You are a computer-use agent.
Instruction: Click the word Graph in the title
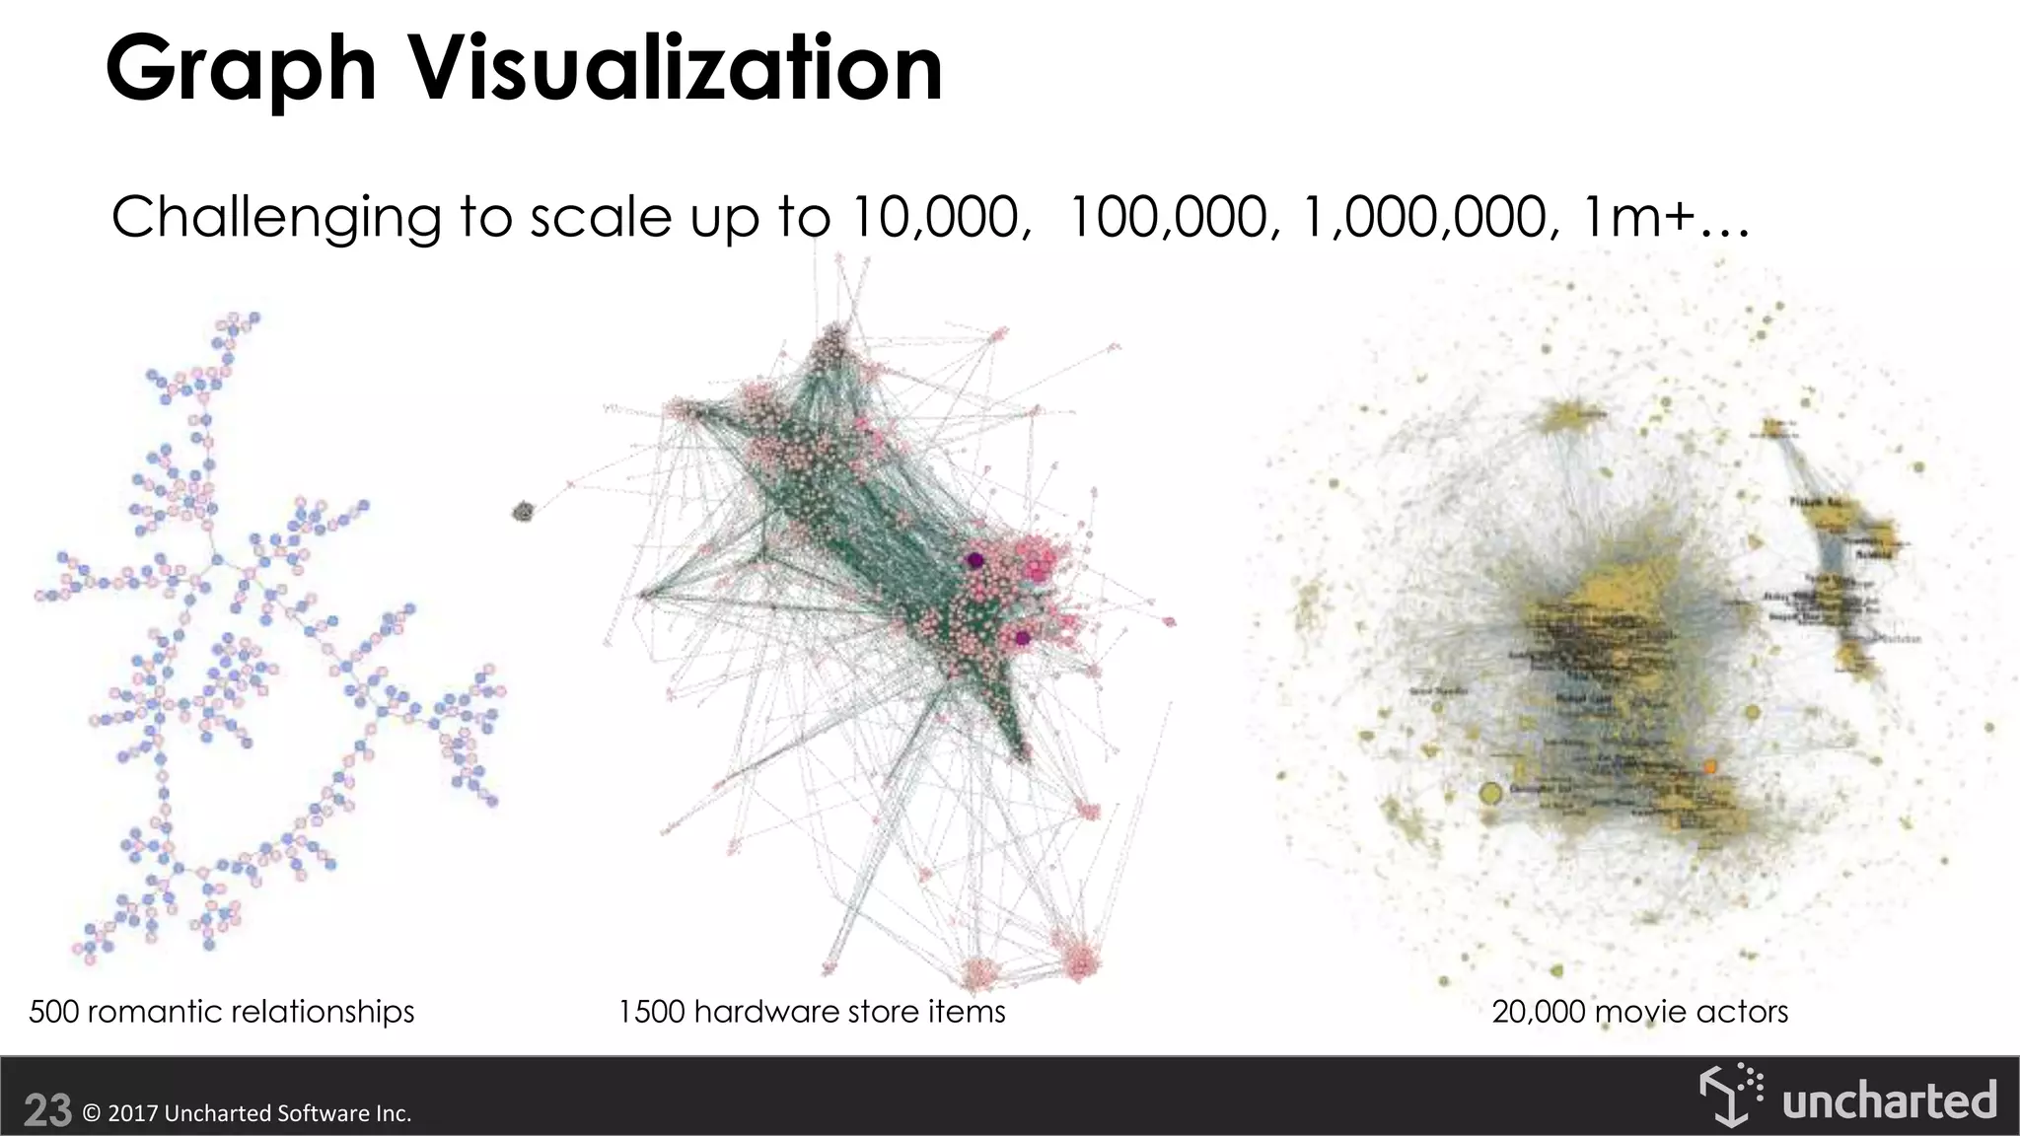coord(241,69)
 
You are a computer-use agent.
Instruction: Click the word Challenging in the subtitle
coord(276,219)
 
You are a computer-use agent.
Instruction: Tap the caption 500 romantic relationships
coord(222,1012)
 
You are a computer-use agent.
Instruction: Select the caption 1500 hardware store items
coord(812,1012)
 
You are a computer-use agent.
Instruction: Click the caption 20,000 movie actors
coord(1639,1012)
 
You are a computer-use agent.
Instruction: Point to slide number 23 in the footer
coord(47,1111)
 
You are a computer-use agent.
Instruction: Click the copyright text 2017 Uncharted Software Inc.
coord(247,1113)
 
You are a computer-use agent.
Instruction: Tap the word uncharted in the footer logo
coord(1889,1100)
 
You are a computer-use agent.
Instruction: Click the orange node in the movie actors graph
coord(1710,766)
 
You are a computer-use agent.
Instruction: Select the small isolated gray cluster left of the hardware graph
coord(523,512)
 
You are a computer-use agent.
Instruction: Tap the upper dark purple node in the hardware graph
coord(975,560)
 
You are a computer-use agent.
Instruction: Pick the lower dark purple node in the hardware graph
coord(1023,638)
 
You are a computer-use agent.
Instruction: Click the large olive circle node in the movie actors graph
coord(1491,793)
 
